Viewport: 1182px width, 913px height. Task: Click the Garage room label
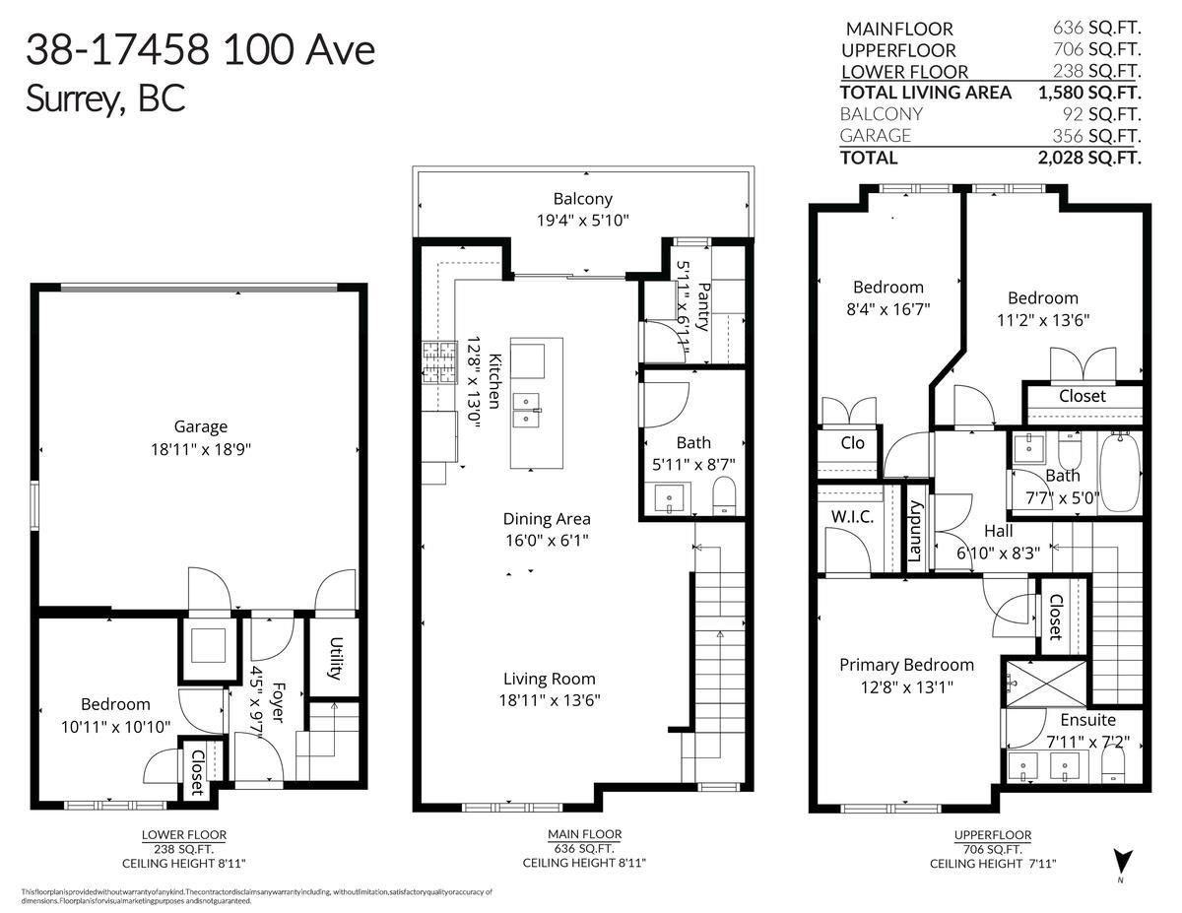201,426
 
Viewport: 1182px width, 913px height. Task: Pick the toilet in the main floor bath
724,495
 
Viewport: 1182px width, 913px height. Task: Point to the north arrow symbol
1120,860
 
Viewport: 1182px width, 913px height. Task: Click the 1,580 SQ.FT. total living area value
1088,93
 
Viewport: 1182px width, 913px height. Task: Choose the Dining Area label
547,519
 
